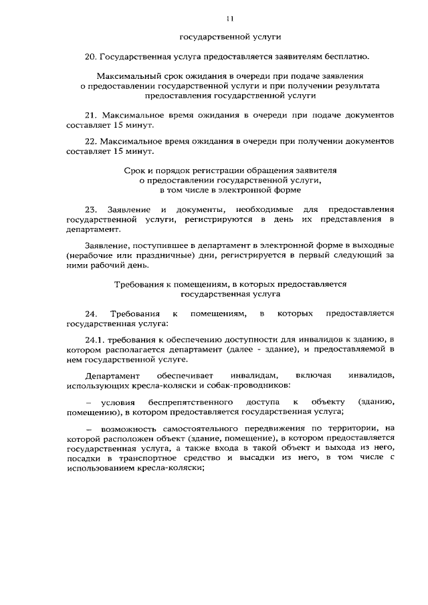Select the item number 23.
[x=92, y=209]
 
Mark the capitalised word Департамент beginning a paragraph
[x=113, y=376]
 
